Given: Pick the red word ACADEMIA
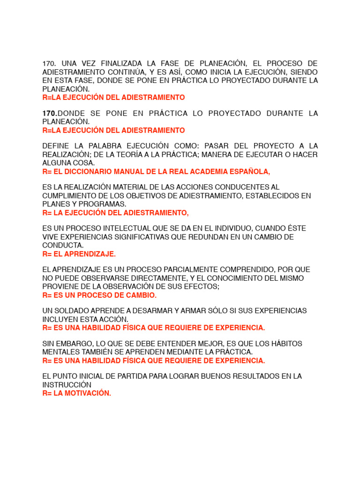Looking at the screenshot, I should click(x=207, y=171).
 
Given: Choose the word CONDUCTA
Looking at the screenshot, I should click(x=62, y=245).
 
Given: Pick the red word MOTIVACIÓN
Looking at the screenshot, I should click(x=87, y=393).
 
